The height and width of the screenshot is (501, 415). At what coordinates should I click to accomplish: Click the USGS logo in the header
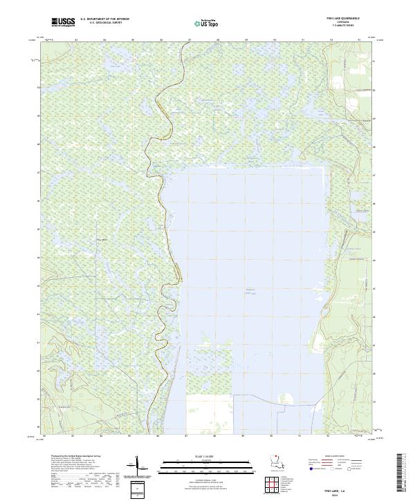(x=63, y=22)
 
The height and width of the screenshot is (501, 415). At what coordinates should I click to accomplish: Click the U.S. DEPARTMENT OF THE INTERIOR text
(x=104, y=19)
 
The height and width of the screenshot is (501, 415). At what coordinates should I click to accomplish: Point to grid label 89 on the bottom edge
(x=243, y=437)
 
